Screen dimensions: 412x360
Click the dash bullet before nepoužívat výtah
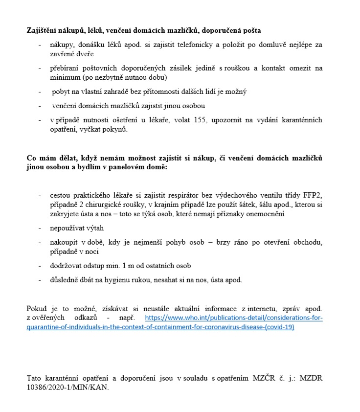click(x=40, y=228)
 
